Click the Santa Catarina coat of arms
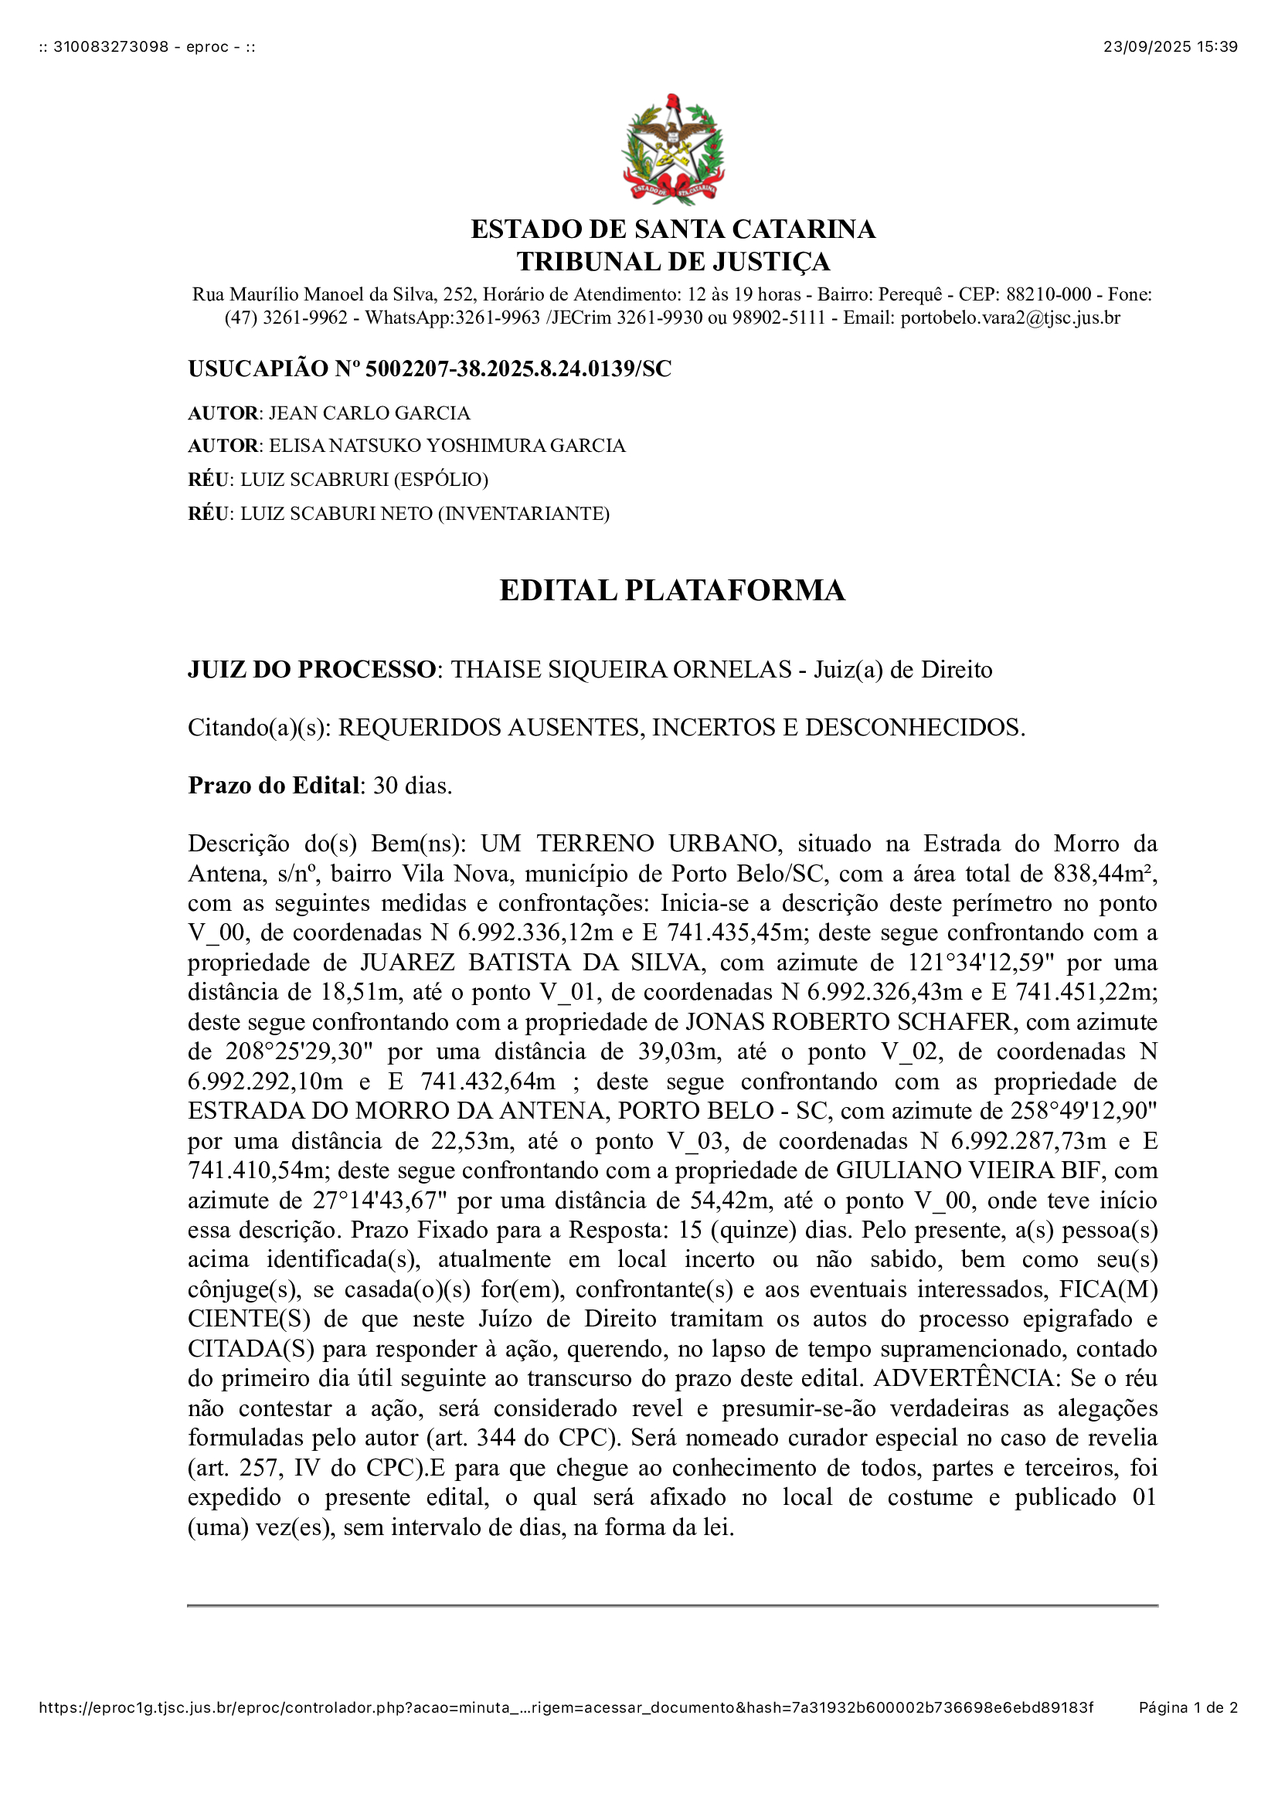coord(673,150)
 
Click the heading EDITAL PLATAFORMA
coord(672,590)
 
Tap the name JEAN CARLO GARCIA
coord(369,413)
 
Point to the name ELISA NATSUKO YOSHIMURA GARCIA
coord(447,446)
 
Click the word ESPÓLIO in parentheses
coord(442,479)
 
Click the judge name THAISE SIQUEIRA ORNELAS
coord(621,669)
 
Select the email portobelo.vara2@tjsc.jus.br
coord(1010,318)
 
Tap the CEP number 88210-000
coord(1049,294)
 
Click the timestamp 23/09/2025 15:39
coord(1169,46)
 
